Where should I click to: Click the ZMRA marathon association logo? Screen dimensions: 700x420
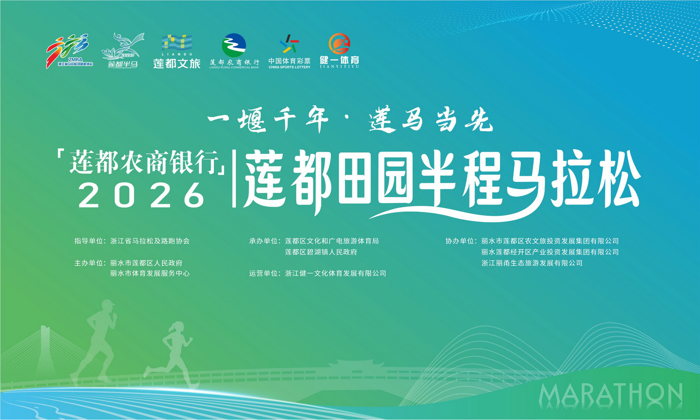(x=70, y=51)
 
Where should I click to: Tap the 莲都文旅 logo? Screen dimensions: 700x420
(x=177, y=51)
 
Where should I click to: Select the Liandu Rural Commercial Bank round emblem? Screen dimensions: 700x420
(x=234, y=45)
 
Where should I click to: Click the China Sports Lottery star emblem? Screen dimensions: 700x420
(x=289, y=44)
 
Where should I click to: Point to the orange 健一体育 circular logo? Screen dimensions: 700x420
(x=339, y=44)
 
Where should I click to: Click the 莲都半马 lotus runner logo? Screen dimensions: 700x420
(x=123, y=51)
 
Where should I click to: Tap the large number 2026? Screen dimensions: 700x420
(x=141, y=195)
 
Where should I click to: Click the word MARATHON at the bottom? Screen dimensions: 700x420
(x=610, y=396)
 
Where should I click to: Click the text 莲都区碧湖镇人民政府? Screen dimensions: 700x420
(x=321, y=252)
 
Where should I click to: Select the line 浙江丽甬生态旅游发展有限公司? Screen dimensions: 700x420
(x=532, y=263)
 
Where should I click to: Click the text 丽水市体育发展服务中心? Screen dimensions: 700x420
(x=150, y=274)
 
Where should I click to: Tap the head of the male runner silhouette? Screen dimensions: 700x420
(x=108, y=306)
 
